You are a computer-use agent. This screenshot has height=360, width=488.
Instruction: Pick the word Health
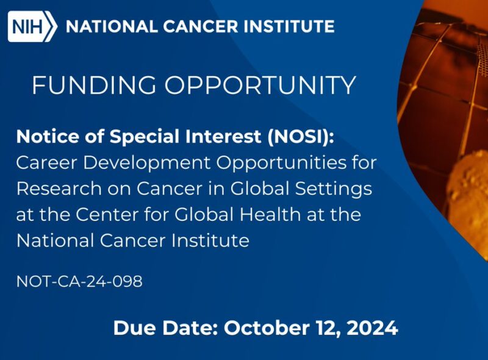[x=295, y=215]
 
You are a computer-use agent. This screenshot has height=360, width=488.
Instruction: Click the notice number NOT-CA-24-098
[x=79, y=283]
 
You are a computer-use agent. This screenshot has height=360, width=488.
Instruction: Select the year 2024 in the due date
[x=373, y=328]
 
